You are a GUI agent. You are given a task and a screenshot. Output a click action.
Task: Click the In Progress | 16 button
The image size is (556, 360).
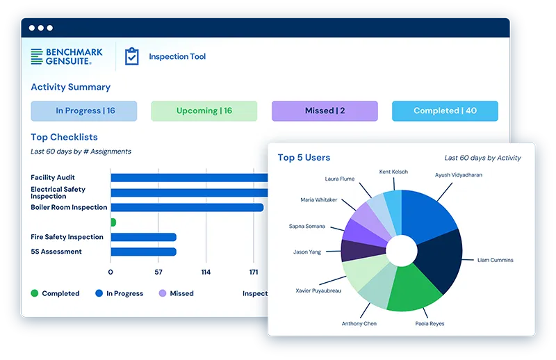[x=84, y=111]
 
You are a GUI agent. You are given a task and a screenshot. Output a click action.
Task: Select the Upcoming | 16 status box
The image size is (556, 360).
[x=204, y=111]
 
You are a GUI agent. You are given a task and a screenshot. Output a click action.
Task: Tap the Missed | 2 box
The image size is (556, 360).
[x=325, y=111]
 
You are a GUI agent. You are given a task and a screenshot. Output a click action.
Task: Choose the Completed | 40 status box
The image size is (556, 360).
[x=445, y=111]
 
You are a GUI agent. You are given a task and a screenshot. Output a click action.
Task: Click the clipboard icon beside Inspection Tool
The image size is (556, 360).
[x=131, y=57]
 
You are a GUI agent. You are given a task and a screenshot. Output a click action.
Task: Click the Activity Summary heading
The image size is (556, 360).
[x=70, y=87]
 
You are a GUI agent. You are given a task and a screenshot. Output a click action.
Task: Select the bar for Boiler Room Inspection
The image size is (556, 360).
[x=187, y=207]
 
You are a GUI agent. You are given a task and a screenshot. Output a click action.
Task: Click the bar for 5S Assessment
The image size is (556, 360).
[x=143, y=252]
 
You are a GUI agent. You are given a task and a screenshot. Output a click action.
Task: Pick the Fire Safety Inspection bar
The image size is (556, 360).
[x=143, y=237]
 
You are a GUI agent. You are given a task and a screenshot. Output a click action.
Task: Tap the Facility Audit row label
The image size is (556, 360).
[x=53, y=178]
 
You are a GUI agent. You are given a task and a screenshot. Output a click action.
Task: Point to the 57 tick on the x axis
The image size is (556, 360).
[x=158, y=272]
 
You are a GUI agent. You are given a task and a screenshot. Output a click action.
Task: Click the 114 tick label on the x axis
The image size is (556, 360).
[x=206, y=272]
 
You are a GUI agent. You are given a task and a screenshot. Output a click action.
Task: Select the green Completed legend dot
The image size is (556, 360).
[x=35, y=293]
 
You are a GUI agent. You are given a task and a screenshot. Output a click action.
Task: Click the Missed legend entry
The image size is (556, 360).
[x=177, y=293]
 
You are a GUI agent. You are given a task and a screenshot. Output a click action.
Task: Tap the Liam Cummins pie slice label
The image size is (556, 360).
[x=495, y=260]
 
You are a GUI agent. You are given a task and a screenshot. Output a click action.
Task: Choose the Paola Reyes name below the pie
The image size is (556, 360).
[x=431, y=324]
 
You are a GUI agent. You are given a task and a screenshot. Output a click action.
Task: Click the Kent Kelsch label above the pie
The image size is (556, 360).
[x=393, y=172]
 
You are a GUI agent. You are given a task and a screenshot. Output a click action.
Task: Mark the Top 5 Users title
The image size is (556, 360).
[x=304, y=158]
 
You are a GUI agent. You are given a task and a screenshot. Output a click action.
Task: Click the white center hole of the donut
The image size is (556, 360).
[x=402, y=251]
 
